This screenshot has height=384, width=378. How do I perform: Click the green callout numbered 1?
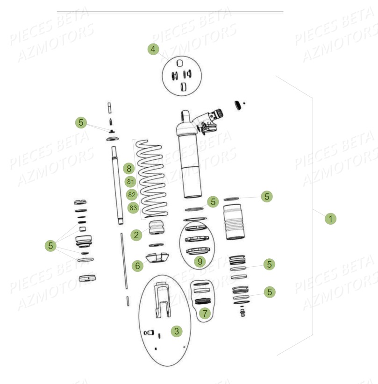(330, 218)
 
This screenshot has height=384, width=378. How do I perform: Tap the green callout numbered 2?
(136, 235)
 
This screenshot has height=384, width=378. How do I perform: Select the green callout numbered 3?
(176, 331)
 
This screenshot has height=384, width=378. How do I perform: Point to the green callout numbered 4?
(153, 49)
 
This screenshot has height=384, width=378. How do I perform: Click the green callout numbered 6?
(137, 266)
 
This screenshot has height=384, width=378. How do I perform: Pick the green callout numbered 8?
(129, 168)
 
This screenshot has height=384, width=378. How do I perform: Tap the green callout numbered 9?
(200, 262)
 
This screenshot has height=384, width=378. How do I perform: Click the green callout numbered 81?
(130, 182)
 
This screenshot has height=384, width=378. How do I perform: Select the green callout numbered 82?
(132, 195)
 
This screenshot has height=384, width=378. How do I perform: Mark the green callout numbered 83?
(133, 208)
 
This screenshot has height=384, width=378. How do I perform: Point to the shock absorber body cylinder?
(190, 164)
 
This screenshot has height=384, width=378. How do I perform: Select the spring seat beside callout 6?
(157, 257)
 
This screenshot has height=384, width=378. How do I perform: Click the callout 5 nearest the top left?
(81, 122)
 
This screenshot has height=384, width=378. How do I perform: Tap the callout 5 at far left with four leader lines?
(51, 245)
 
